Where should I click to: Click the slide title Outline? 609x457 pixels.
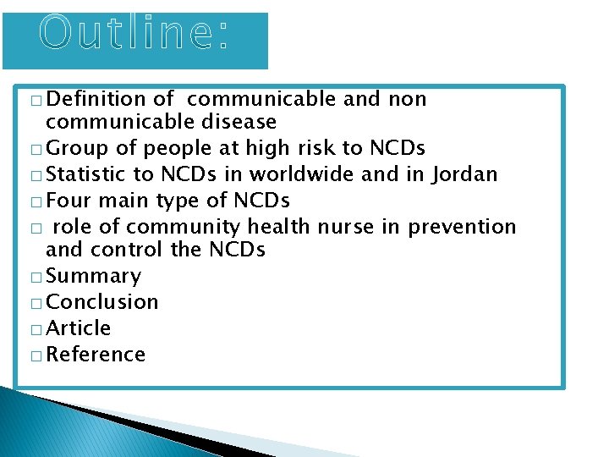click(134, 34)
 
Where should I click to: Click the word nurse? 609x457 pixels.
click(367, 227)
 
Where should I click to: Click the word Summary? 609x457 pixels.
click(94, 277)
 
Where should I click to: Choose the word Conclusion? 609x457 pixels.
click(102, 302)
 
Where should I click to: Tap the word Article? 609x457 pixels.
click(80, 328)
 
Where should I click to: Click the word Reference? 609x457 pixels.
click(96, 354)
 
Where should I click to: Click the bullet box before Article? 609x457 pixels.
click(35, 329)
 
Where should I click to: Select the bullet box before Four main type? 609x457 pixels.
click(35, 202)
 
